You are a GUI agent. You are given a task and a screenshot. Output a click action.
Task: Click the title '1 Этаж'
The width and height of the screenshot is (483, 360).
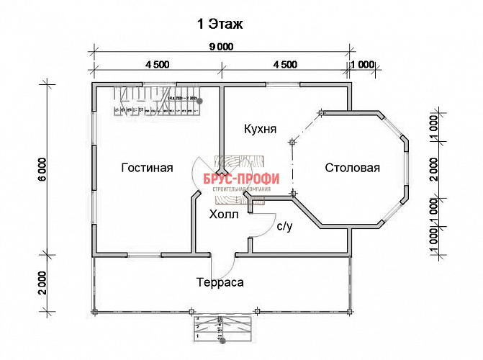tap(220, 24)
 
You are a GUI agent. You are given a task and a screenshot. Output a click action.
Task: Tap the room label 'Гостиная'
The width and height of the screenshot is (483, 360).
tap(147, 168)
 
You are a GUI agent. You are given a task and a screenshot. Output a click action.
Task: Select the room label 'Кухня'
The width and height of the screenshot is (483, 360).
tap(261, 130)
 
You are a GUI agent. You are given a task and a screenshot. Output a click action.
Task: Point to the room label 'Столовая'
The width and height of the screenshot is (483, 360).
tap(352, 168)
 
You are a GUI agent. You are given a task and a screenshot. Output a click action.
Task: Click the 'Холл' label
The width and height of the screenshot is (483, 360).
tap(222, 215)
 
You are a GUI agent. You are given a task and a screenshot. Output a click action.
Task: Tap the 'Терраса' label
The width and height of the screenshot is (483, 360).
tap(220, 282)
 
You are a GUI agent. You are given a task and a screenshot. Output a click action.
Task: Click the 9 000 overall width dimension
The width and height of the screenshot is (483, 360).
tap(222, 48)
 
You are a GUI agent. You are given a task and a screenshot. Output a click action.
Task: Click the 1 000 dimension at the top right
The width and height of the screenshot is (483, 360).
tap(363, 64)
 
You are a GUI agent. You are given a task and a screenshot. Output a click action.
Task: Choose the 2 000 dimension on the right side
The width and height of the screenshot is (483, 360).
tap(435, 168)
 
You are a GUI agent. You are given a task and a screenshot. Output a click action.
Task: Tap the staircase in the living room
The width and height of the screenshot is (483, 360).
tap(157, 102)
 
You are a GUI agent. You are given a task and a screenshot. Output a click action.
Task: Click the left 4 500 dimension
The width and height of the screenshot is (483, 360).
tap(157, 64)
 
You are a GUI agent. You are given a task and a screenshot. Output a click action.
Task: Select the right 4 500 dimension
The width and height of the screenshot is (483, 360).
tap(285, 64)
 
